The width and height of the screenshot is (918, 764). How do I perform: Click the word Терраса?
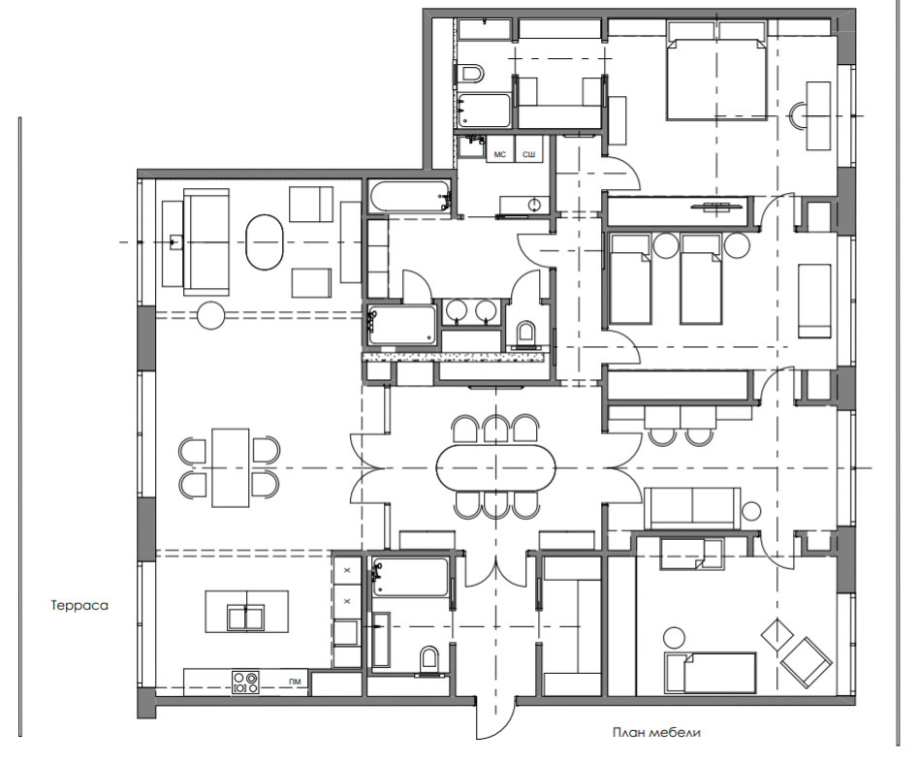pyautogui.click(x=79, y=605)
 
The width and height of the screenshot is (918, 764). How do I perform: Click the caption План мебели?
pyautogui.click(x=656, y=732)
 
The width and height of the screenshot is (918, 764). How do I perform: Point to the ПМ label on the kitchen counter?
pyautogui.click(x=295, y=681)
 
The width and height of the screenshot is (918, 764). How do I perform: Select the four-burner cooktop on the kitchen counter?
pyautogui.click(x=246, y=682)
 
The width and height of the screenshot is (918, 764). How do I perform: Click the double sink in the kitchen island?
pyautogui.click(x=246, y=618)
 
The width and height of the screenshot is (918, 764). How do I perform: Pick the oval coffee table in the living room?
pyautogui.click(x=265, y=242)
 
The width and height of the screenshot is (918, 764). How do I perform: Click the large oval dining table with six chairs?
pyautogui.click(x=496, y=468)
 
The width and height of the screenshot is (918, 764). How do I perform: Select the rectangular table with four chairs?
pyautogui.click(x=230, y=467)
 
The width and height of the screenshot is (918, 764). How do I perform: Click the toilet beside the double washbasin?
pyautogui.click(x=526, y=333)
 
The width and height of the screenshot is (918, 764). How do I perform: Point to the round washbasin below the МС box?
pyautogui.click(x=534, y=205)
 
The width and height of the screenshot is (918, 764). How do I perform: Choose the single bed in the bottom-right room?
pyautogui.click(x=711, y=673)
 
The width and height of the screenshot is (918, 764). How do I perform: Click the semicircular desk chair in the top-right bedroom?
pyautogui.click(x=798, y=116)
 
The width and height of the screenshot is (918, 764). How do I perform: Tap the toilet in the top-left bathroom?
pyautogui.click(x=471, y=74)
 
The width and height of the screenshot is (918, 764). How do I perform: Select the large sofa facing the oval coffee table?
pyautogui.click(x=206, y=241)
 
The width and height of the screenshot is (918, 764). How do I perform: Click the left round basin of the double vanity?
pyautogui.click(x=454, y=309)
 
